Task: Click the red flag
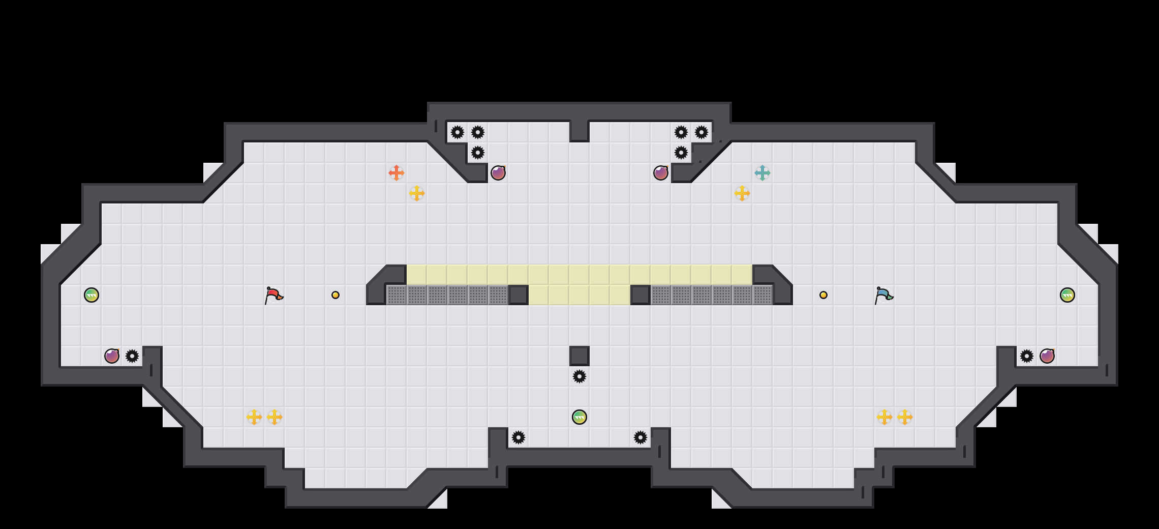coord(273,295)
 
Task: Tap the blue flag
coord(883,295)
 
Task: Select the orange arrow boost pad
coord(396,173)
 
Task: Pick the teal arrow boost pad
coord(762,173)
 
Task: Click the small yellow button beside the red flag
coord(335,295)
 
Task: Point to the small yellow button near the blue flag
coord(823,295)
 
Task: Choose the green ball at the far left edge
coord(91,295)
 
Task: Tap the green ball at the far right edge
coord(1067,295)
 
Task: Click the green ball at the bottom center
coord(579,417)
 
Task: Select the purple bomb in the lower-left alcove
coord(112,356)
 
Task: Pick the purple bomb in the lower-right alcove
coord(1047,356)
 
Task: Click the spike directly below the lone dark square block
coord(579,376)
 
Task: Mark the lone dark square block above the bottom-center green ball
coord(579,356)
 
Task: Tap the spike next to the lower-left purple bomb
coord(132,356)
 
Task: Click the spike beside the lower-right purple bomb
coord(1027,356)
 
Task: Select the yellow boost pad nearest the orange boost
coord(417,193)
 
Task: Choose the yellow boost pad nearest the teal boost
coord(742,193)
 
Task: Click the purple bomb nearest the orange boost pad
coord(498,173)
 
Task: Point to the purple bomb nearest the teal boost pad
coord(661,173)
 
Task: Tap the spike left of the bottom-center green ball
coord(518,437)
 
